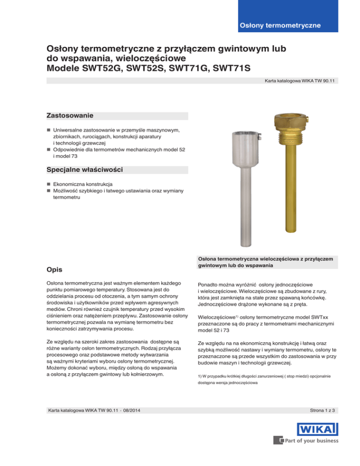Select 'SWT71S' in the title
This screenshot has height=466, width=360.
(x=228, y=68)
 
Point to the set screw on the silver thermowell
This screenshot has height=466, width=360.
(x=258, y=137)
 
